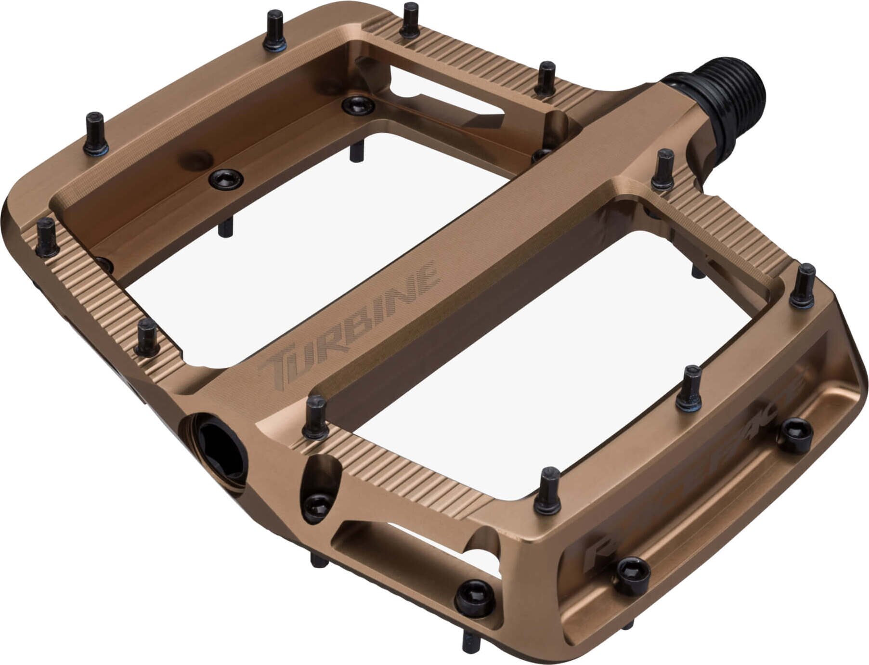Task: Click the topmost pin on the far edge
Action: coord(411,20)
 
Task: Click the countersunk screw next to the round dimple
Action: coord(226,178)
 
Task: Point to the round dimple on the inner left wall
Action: coord(195,159)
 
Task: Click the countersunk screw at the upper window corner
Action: coord(358,104)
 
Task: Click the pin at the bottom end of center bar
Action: coord(316,417)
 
